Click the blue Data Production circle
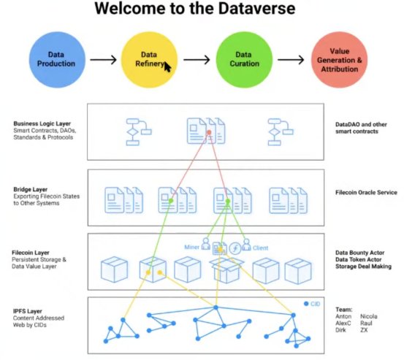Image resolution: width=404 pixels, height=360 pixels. pos(57,60)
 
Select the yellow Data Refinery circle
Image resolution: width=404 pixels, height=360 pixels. pos(149,60)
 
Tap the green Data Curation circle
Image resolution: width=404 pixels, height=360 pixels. pos(244,60)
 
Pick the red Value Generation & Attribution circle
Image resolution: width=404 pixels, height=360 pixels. pos(339,60)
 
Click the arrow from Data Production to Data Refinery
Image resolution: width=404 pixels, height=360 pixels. pos(103,60)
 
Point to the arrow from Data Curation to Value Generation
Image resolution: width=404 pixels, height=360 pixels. pos(291,60)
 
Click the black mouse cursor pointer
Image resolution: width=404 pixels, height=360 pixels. pos(167,67)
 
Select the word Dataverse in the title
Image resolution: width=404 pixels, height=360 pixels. pos(256,8)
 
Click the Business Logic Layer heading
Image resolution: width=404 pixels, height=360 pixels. pos(42,123)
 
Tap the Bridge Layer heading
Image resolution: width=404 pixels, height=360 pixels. pos(31,190)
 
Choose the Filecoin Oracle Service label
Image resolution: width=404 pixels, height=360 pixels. pos(366,192)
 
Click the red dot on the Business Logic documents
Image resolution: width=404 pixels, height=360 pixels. pos(209,132)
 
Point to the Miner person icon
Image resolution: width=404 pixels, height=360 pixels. pos(205,244)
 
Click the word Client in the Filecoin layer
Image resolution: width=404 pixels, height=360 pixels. pos(260,248)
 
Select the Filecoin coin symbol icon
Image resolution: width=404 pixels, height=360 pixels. pos(235,248)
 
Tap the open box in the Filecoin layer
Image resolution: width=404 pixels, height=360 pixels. pos(226,270)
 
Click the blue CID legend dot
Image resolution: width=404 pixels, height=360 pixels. pos(306,304)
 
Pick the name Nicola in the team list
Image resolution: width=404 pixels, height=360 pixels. pos(369,316)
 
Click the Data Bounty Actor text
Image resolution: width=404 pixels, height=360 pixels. pos(359,253)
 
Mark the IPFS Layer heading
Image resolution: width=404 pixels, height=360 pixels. pos(28,311)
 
